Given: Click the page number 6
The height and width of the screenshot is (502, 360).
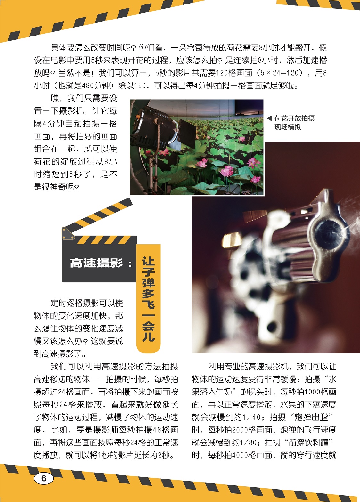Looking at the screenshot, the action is pos(44,478).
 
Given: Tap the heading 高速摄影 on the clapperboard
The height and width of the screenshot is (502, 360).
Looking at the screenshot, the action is pos(96,263).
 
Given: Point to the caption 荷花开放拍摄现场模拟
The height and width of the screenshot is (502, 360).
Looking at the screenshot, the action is pos(295,123).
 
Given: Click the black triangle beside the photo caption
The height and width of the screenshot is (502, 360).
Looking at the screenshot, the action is pos(269,118).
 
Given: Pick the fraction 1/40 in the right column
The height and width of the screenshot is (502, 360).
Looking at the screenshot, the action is pos(251,417).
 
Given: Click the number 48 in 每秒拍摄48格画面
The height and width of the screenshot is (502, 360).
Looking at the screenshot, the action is pos(157,430).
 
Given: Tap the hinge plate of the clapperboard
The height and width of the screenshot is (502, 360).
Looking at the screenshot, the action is pos(68,233).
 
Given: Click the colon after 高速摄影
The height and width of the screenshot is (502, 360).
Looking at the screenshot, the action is pos(130,263).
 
